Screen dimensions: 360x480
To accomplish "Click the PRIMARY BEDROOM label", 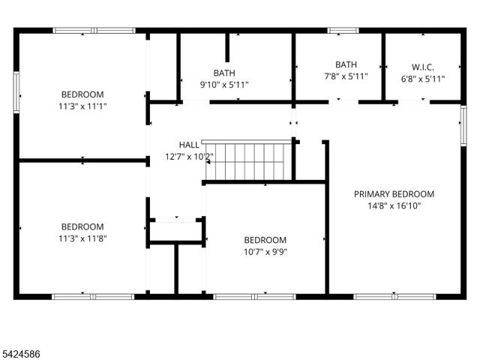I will tap(394, 193).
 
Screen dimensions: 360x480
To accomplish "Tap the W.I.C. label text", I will tap(423, 67).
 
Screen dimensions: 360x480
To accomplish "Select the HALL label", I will tap(189, 145).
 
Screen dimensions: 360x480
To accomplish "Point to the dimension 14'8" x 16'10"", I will tap(394, 205).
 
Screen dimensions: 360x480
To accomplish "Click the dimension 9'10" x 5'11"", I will tap(223, 85).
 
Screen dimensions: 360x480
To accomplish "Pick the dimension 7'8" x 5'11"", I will tap(346, 76).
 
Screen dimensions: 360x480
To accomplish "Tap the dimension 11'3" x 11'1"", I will tap(82, 106).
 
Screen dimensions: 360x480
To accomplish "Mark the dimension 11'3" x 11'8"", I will tap(82, 238).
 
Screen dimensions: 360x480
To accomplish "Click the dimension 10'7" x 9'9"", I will tap(265, 252).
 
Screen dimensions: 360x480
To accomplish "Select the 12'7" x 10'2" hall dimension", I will tap(189, 157).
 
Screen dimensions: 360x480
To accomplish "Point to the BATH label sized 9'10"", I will tap(223, 73).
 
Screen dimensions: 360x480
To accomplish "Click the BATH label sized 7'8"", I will tap(346, 64).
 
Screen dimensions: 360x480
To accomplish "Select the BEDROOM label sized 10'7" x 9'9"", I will tap(265, 240).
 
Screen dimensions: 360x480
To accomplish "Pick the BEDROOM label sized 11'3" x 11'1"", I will tap(82, 94).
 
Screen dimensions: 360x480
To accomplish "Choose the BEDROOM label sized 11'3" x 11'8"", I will tap(82, 226).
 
